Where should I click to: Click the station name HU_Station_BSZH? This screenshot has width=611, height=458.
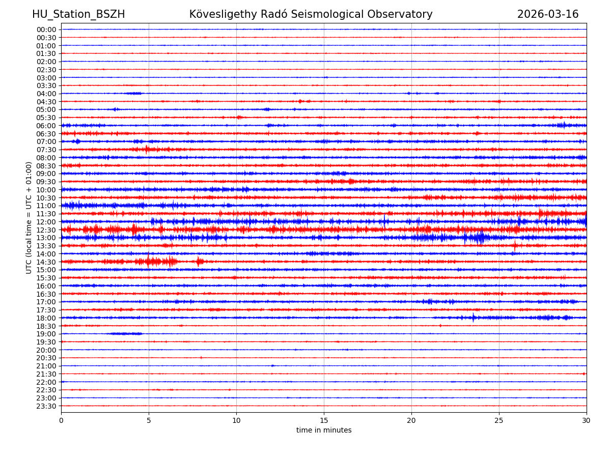[78, 15]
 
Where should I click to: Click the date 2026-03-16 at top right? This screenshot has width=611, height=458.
[548, 15]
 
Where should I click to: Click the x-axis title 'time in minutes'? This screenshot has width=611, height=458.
[324, 431]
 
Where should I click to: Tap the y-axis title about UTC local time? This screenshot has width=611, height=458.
[29, 218]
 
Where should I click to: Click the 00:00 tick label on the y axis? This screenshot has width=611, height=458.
[46, 30]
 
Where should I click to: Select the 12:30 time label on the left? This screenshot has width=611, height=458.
[46, 230]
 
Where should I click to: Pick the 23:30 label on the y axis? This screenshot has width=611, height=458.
[46, 406]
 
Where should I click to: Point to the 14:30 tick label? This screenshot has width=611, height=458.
[46, 262]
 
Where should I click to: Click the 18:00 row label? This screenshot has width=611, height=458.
[46, 318]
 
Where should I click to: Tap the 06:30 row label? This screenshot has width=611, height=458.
[46, 134]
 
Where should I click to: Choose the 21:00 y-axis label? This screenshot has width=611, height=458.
[46, 366]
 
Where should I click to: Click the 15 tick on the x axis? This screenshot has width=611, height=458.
[324, 421]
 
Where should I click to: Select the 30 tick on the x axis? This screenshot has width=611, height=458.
[587, 421]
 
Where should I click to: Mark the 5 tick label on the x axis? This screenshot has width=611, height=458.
[149, 421]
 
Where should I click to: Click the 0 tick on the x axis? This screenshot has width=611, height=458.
[61, 421]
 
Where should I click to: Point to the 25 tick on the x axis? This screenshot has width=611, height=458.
[499, 421]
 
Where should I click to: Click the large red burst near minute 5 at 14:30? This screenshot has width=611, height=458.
[149, 262]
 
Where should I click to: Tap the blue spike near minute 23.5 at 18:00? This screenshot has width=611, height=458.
[473, 318]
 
